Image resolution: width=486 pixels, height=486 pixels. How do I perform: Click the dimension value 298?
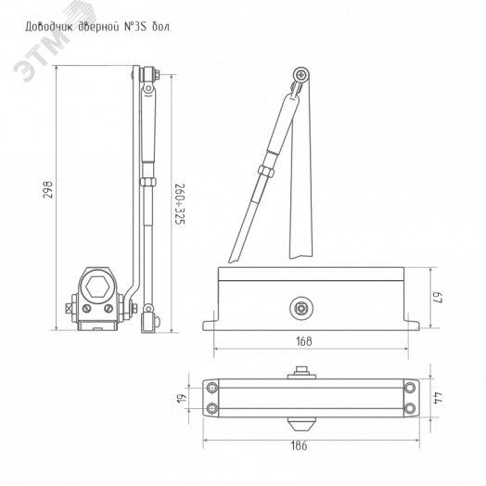pos(48,190)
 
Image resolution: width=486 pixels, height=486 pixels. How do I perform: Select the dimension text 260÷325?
pos(179,204)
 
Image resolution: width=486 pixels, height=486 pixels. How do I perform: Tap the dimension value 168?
pos(304,341)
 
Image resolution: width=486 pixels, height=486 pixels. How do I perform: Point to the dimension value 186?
pos(299,446)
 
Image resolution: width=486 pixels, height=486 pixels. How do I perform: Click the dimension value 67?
pos(438,298)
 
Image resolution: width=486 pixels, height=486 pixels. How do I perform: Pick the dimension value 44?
pos(438,398)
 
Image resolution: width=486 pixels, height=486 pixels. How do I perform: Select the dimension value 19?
pos(184,398)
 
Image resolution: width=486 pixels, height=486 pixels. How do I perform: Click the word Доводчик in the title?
pos(49,27)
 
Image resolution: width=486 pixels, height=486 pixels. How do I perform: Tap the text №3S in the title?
pos(135,27)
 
